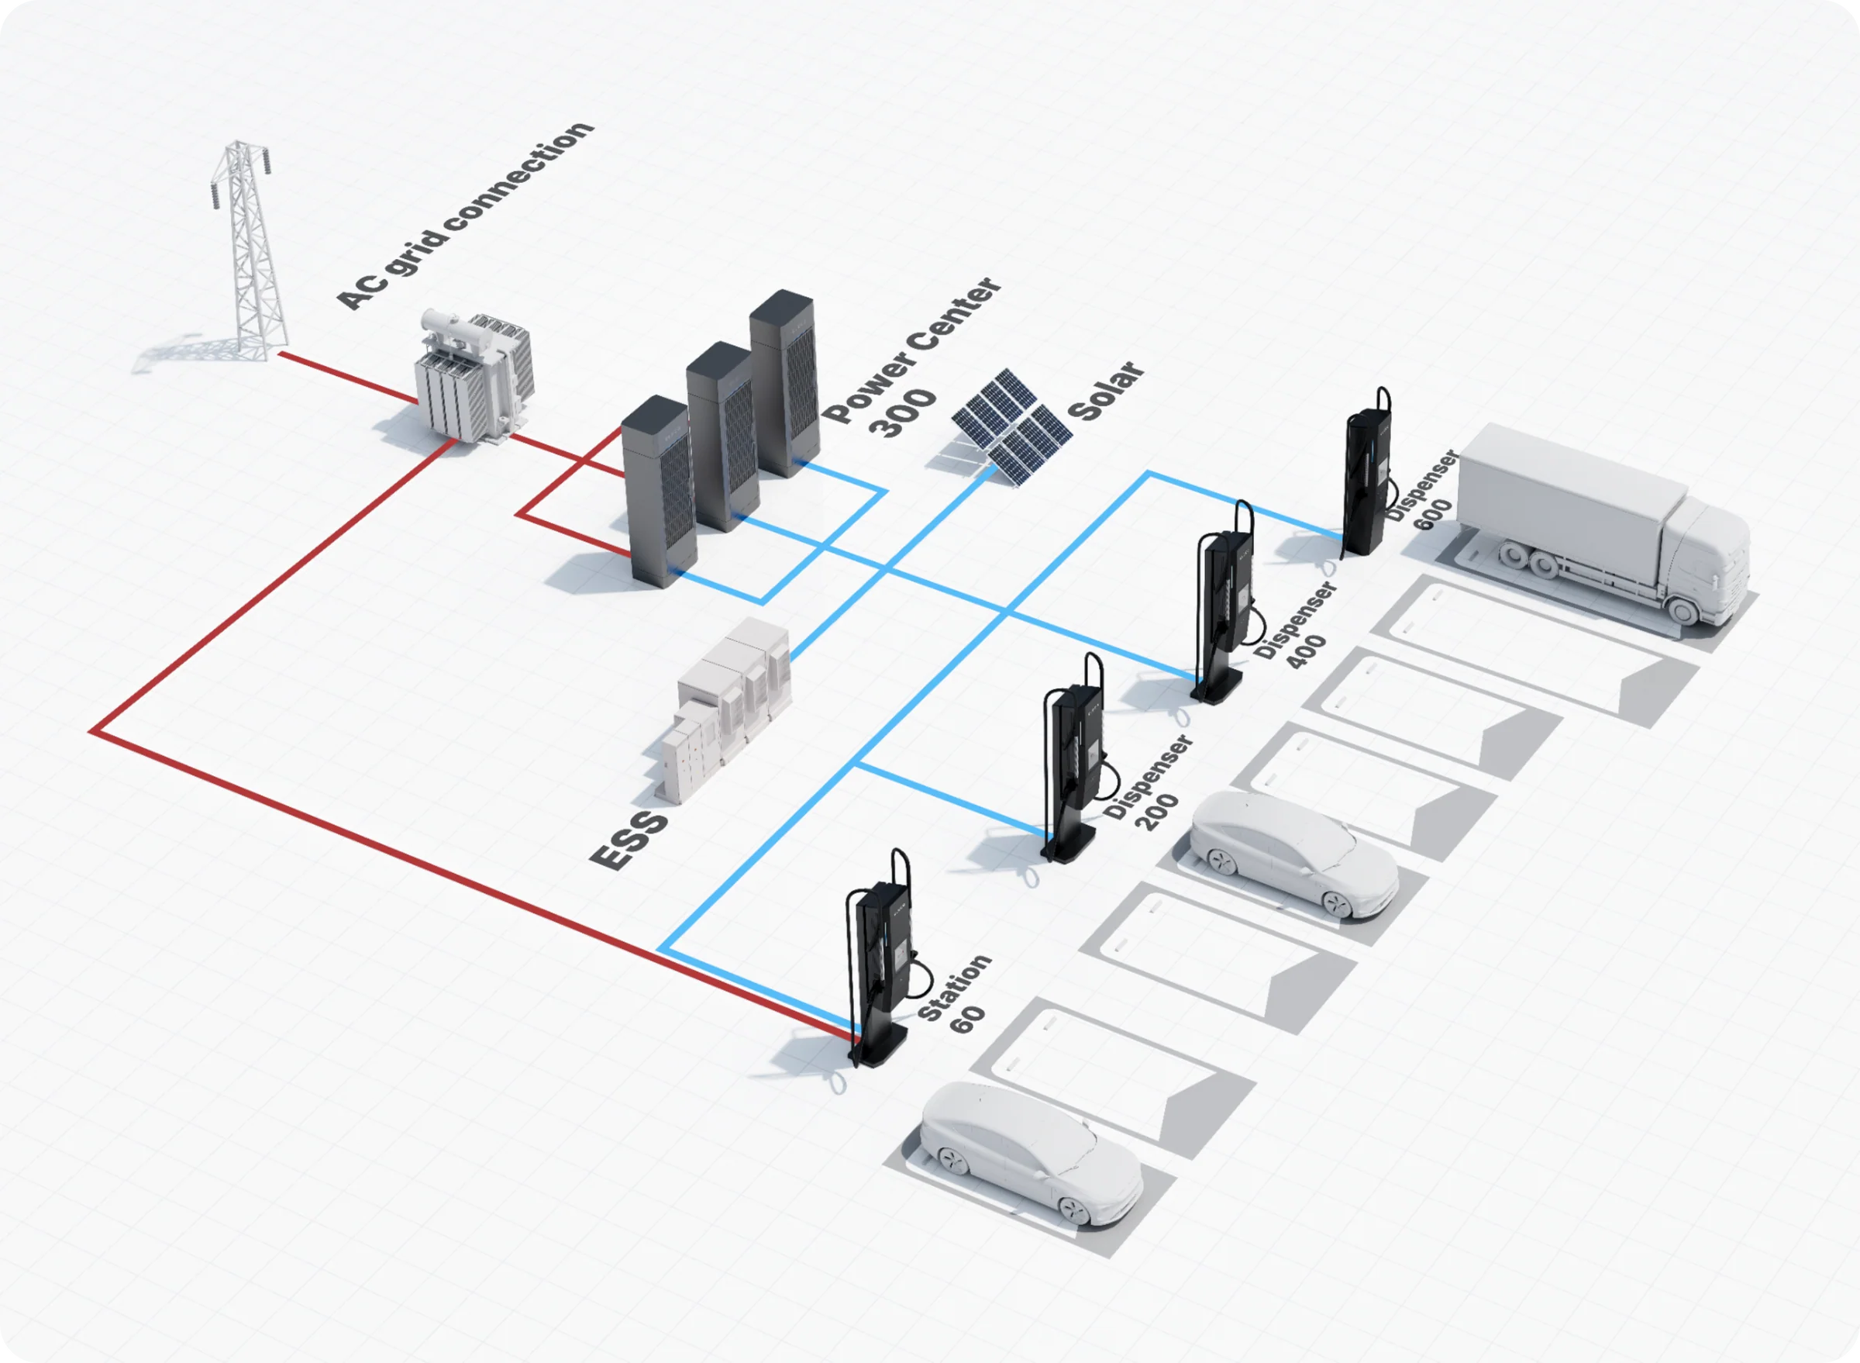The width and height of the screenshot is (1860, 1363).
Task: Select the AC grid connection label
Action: [465, 216]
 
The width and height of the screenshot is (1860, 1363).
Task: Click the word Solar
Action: [1106, 390]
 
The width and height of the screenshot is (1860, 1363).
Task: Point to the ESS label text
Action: [629, 840]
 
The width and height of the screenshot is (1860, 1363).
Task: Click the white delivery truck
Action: [1600, 524]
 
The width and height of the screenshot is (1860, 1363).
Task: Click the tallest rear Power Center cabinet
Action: [784, 384]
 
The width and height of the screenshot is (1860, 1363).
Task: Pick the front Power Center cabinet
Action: [657, 491]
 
